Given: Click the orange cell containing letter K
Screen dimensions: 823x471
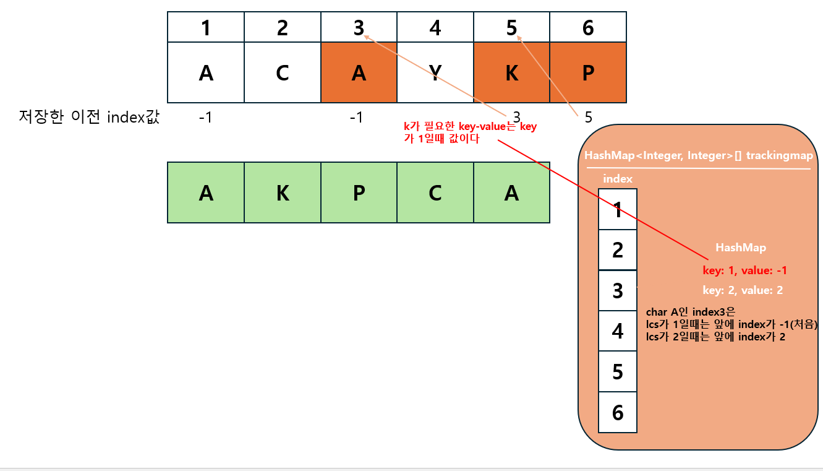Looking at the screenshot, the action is (x=511, y=72).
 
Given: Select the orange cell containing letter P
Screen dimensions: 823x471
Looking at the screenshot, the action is (x=588, y=72).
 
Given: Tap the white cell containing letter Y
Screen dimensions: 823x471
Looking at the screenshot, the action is (x=435, y=72).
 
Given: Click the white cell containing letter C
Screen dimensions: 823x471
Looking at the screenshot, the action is (x=283, y=72).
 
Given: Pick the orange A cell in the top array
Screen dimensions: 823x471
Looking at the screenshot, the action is (x=359, y=72).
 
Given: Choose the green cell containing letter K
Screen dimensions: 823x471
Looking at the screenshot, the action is (x=283, y=192).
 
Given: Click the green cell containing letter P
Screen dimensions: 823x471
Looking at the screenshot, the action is (x=359, y=192).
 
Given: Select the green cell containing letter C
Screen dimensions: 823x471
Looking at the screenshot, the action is (x=435, y=192).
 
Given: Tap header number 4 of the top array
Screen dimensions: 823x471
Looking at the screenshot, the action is (x=435, y=28).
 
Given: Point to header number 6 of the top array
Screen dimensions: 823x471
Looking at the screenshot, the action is (x=588, y=28).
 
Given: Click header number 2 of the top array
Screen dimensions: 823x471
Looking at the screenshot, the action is (x=283, y=28).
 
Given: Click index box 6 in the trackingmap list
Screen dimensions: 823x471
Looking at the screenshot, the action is (x=618, y=412).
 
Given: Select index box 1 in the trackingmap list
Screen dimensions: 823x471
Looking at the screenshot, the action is (x=618, y=210).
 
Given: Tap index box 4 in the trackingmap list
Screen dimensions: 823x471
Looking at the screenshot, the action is (x=618, y=331).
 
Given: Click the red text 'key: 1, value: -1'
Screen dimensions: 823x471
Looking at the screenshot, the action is (x=744, y=270).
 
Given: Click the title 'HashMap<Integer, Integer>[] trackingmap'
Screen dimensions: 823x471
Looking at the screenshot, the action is (x=699, y=156).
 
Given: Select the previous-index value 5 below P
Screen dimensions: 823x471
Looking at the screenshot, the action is (x=588, y=117).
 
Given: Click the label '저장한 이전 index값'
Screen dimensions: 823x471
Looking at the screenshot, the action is (x=90, y=117).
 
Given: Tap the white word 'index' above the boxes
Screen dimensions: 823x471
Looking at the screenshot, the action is (x=618, y=179).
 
